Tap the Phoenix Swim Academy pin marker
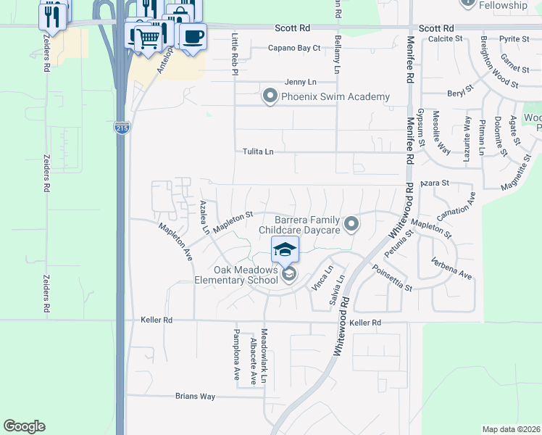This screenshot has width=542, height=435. (271, 96)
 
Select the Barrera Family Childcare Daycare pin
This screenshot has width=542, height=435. (352, 224)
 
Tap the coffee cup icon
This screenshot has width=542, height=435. (192, 37)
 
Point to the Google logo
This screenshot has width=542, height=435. (24, 426)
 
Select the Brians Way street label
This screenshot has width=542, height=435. (196, 397)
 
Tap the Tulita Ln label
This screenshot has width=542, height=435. (259, 152)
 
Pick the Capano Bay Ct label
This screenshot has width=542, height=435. (295, 48)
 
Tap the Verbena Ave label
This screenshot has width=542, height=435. (451, 268)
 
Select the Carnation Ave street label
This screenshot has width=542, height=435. (456, 207)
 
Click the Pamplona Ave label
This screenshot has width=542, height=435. (236, 355)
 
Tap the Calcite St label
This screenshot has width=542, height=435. (446, 38)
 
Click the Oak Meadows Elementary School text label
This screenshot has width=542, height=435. (236, 275)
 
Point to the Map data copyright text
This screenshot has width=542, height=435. (511, 429)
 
